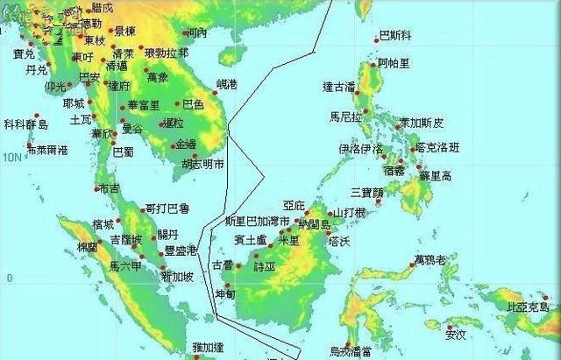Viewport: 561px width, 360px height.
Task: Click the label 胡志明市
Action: pyautogui.click(x=202, y=164)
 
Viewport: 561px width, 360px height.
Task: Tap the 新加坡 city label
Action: pyautogui.click(x=178, y=277)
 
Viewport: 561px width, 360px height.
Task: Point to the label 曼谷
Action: pyautogui.click(x=131, y=129)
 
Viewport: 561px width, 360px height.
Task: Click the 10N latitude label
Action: pyautogui.click(x=11, y=157)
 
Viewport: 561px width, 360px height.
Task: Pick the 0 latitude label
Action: pyautogui.click(x=9, y=279)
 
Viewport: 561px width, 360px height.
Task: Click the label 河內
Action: pyautogui.click(x=197, y=33)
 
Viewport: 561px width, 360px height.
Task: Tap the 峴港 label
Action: pyautogui.click(x=226, y=85)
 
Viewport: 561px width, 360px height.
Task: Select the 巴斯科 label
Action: pyautogui.click(x=394, y=37)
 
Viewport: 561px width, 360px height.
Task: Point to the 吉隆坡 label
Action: pyautogui.click(x=125, y=239)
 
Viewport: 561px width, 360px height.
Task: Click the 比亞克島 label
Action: pyautogui.click(x=529, y=307)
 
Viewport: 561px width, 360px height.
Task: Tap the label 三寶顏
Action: pyautogui.click(x=367, y=192)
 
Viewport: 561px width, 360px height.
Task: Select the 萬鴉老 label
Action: pyautogui.click(x=430, y=261)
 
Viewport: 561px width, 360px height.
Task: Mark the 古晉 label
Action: pyautogui.click(x=223, y=265)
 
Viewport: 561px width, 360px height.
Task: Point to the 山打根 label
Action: pyautogui.click(x=348, y=213)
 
